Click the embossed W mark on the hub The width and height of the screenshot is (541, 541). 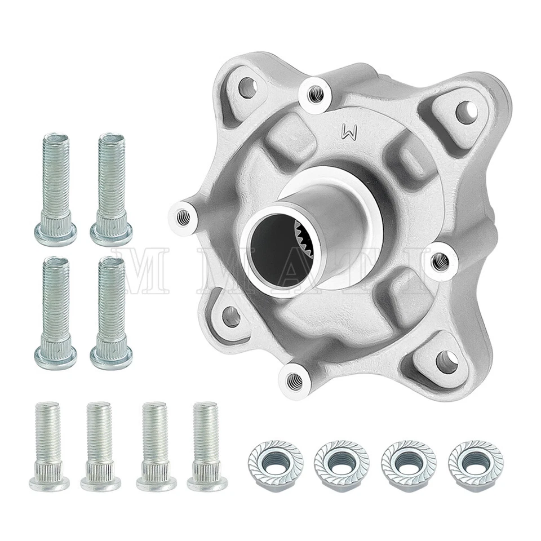coord(351,133)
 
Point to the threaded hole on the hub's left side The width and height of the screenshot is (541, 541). coord(183,214)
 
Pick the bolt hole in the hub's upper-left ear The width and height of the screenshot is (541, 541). coord(246,87)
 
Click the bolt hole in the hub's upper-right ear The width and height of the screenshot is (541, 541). coord(465,113)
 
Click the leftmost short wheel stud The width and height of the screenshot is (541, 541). coord(49,445)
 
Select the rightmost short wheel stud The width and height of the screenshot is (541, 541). coord(207,445)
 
